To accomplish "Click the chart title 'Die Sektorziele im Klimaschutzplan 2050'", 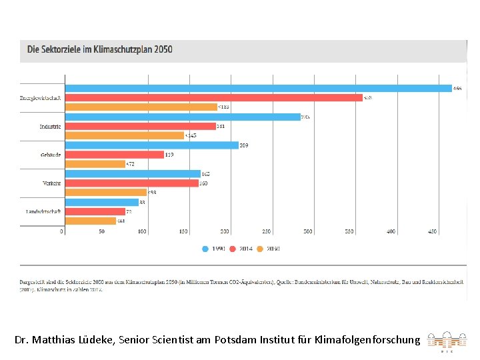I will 99,49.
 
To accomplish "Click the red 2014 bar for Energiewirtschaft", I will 213,97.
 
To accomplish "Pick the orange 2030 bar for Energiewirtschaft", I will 141,107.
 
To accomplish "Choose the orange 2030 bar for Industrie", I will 124,135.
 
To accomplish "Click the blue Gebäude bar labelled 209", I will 151,145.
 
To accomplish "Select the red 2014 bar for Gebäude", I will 114,155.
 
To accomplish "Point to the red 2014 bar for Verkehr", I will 131,183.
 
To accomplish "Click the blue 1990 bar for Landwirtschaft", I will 101,202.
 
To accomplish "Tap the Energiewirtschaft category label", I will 41,98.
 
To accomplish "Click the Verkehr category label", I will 51,183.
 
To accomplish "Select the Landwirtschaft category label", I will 43,211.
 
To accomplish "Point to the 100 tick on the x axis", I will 143,231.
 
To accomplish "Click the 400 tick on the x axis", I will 391,231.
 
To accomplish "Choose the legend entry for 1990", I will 214,249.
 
